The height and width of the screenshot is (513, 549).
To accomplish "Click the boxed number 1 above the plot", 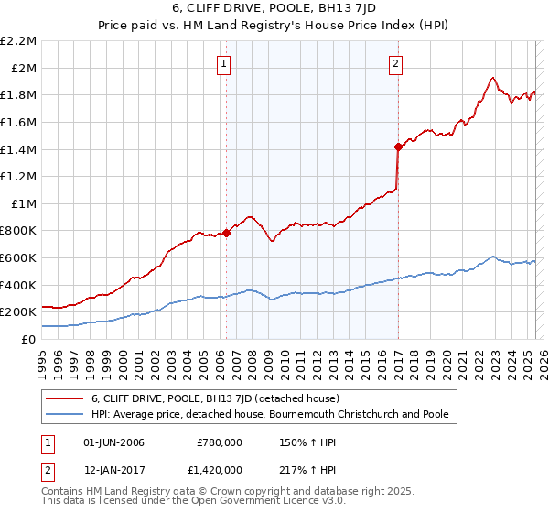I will tap(224, 63).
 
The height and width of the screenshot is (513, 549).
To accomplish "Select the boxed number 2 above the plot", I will tap(395, 63).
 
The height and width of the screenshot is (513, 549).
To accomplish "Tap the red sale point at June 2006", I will tap(226, 233).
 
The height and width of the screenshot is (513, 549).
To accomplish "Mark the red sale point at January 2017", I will tap(398, 146).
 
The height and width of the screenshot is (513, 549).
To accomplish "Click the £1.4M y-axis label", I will tap(19, 149).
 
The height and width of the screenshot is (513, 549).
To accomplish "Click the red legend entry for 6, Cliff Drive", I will tap(215, 398).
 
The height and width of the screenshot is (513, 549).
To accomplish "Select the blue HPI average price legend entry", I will tap(270, 414).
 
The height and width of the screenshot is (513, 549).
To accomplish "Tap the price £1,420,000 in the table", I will tap(220, 468).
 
